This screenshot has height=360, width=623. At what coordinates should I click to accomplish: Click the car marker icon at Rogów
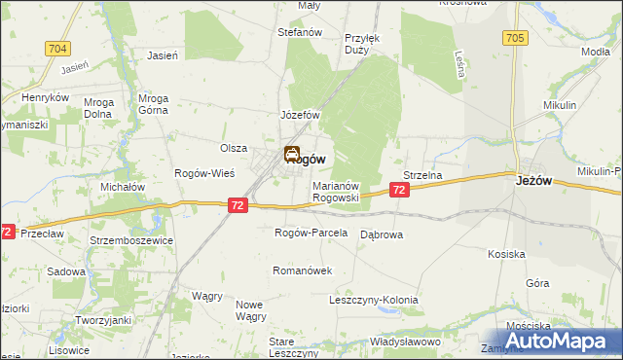291,154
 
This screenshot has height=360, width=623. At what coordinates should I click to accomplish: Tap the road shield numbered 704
57,48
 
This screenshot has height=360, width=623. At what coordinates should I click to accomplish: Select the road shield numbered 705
515,38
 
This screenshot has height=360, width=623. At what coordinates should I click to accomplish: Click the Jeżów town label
535,179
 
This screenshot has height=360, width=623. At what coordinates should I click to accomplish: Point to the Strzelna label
423,175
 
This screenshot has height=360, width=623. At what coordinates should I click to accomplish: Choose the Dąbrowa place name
382,234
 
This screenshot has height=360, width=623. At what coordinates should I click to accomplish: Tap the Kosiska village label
507,254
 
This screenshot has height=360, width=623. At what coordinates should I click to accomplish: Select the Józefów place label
301,115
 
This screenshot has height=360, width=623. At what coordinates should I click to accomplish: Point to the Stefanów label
300,32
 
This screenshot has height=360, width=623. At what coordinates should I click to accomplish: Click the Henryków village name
46,98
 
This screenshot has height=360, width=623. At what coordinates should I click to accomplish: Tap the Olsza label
234,148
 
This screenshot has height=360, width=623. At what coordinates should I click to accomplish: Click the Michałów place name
123,186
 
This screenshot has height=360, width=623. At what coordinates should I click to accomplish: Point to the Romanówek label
303,270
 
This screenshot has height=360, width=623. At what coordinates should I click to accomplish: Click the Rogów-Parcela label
311,233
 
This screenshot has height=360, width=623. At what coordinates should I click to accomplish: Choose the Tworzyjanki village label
104,321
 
